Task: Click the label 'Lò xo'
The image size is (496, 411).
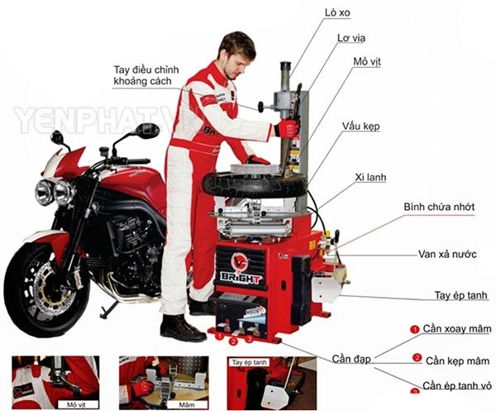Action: click(x=337, y=13)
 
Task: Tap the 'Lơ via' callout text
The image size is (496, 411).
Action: click(x=351, y=38)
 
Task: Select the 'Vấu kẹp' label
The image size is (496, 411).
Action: click(x=360, y=127)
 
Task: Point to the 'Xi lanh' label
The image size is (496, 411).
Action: click(x=370, y=177)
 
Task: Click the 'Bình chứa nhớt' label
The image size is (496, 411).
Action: click(x=439, y=207)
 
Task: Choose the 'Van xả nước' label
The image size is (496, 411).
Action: click(x=447, y=254)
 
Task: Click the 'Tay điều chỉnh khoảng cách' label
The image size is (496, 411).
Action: click(x=146, y=75)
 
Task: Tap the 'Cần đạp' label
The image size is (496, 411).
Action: click(x=351, y=359)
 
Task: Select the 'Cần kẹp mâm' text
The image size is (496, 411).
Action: click(x=457, y=361)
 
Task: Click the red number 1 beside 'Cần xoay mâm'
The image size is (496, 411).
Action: click(x=414, y=329)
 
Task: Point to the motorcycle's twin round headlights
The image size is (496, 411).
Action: click(x=55, y=192)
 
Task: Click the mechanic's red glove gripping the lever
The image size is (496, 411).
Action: click(x=287, y=128)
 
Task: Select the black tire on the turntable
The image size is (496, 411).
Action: click(x=255, y=185)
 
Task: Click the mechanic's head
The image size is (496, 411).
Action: click(x=236, y=55)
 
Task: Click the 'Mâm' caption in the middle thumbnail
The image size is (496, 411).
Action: click(x=187, y=404)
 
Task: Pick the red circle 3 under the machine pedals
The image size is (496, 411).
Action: click(x=250, y=340)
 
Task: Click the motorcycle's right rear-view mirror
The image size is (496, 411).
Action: click(x=147, y=131)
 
